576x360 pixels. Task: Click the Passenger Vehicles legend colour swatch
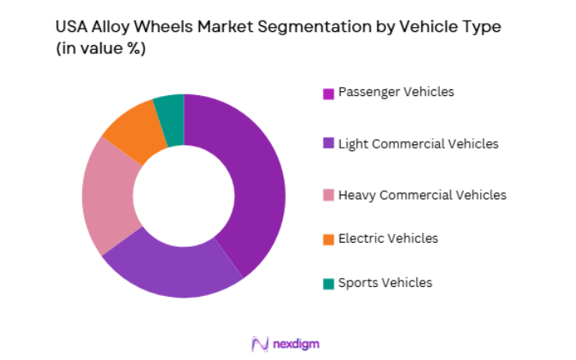(328, 93)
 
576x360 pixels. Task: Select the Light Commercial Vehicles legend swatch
(328, 144)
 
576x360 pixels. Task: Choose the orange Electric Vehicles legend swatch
(328, 239)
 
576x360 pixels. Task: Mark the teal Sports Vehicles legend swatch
(328, 284)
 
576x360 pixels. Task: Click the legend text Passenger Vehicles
(395, 92)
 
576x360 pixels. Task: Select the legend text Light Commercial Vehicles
(417, 144)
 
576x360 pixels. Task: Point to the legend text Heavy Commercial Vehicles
(421, 195)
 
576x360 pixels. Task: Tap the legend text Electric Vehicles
(388, 239)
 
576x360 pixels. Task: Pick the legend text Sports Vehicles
(384, 283)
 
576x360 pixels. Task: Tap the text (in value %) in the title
(100, 48)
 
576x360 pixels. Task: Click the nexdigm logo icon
(260, 343)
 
